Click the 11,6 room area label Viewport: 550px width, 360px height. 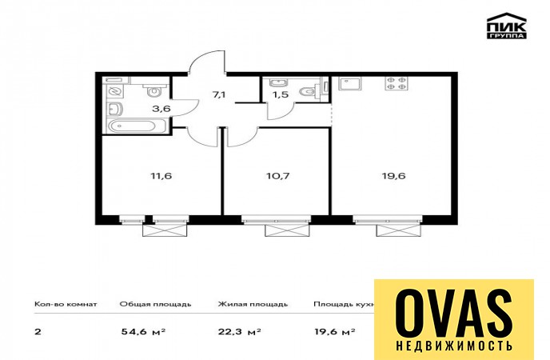161,176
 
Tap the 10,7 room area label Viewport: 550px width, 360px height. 278,176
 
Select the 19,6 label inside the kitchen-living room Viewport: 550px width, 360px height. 393,176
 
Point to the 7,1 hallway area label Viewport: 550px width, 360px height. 218,94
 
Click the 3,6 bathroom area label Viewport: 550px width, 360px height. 161,109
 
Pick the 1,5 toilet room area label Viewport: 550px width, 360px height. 281,94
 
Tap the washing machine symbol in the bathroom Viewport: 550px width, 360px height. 114,91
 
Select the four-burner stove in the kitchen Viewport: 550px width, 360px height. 397,83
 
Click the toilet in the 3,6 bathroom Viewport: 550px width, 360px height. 153,90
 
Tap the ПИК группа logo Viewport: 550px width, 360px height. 507,26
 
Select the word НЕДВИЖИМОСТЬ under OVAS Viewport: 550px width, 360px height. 454,346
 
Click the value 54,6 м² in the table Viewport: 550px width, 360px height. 143,331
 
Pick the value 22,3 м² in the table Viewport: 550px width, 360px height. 239,331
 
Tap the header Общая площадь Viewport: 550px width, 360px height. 155,304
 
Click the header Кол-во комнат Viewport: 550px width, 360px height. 66,304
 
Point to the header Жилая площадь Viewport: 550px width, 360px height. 253,304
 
